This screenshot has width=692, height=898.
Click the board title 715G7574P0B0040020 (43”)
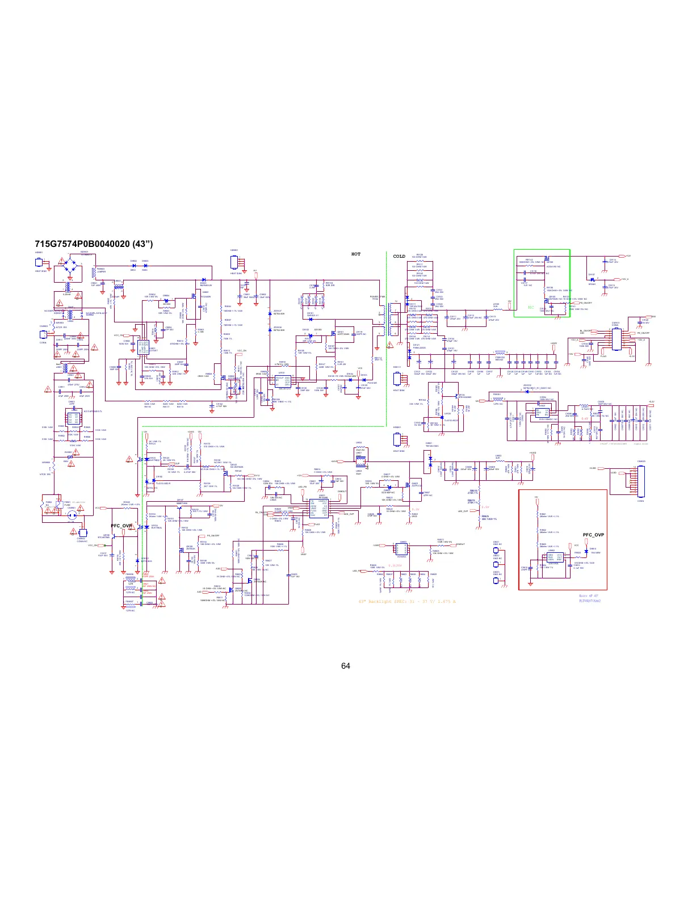[94, 245]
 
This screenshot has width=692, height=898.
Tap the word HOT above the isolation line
[356, 254]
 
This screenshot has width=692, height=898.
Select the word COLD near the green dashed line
[400, 257]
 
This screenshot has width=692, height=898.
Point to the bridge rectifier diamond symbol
[70, 266]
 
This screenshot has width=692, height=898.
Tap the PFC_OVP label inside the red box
[593, 535]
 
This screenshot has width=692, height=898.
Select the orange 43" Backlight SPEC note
[407, 602]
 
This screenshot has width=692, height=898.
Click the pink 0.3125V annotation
[395, 566]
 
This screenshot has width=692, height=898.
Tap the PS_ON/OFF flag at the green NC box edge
[586, 304]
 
